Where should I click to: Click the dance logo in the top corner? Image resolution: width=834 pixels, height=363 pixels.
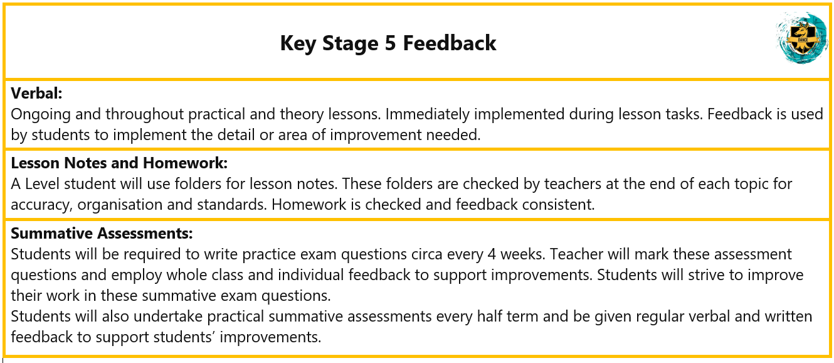pos(803,38)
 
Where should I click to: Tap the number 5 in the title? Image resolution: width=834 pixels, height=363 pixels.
pos(390,43)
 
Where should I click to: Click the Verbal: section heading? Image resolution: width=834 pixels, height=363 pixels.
pos(36,94)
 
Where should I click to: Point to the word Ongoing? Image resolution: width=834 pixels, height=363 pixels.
pos(41,115)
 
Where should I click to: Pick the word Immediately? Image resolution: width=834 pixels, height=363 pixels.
pos(428,114)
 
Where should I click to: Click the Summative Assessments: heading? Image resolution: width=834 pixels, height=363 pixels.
pos(102,233)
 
